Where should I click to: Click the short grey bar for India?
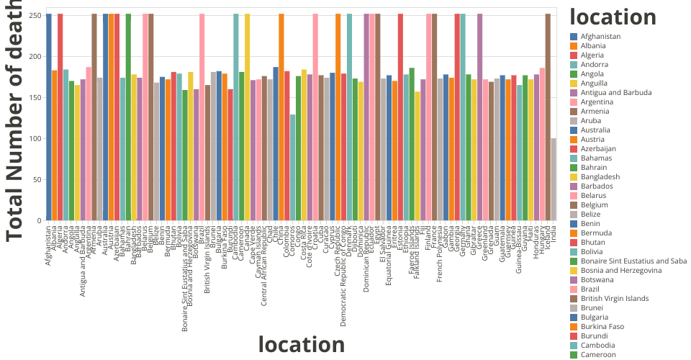[x=554, y=179]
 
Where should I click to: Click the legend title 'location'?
[x=612, y=17]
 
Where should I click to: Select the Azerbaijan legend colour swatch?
[x=574, y=149]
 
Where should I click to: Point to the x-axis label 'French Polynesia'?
[x=440, y=254]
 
